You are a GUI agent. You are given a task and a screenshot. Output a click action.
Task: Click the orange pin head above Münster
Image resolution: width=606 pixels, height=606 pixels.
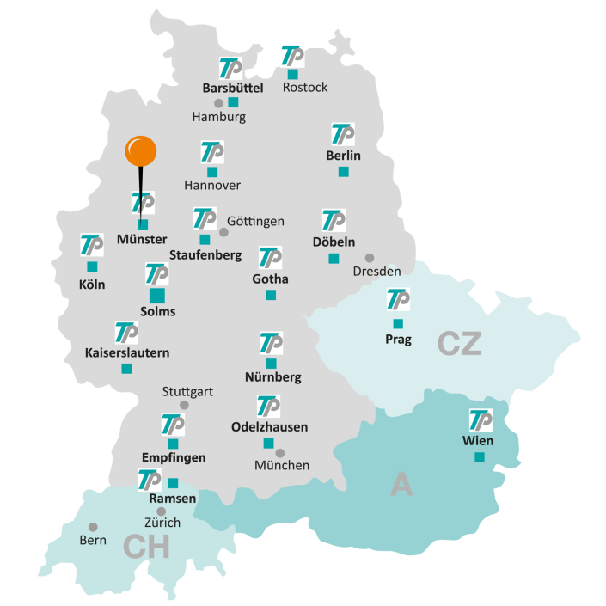[140, 151]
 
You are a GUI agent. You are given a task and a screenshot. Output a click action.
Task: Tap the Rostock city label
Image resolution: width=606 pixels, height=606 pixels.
[305, 88]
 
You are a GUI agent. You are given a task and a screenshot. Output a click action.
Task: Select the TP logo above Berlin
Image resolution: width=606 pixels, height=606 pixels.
[343, 135]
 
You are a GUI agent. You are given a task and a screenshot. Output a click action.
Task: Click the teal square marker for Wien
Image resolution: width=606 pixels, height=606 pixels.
[480, 457]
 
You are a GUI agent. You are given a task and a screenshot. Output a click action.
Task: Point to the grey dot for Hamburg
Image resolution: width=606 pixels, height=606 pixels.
[218, 103]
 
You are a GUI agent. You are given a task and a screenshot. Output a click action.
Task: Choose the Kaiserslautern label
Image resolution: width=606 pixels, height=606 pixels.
[127, 352]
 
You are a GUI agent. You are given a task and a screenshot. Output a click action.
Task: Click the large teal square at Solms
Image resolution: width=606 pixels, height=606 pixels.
[157, 296]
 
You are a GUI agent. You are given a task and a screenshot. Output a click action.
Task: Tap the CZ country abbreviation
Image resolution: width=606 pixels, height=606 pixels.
[459, 343]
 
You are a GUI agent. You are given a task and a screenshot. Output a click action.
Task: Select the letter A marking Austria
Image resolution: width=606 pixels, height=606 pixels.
[401, 485]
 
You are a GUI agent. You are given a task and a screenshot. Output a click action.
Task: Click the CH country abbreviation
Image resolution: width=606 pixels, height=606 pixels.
[146, 547]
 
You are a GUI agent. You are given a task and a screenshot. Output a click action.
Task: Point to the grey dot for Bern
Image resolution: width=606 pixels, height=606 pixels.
[93, 526]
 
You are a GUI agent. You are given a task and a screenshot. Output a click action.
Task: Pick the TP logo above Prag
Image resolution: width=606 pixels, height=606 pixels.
[398, 300]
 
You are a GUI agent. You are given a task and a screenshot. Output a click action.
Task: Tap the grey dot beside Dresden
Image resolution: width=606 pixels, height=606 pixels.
[370, 258]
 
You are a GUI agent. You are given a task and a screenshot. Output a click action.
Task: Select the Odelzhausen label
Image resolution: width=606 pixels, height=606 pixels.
[269, 426]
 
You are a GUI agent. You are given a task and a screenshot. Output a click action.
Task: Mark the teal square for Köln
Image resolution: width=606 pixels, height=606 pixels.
[92, 266]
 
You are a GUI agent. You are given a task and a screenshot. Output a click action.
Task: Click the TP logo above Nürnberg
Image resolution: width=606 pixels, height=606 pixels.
[271, 342]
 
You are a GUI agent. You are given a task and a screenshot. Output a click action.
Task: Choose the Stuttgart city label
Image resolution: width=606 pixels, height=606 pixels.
[187, 391]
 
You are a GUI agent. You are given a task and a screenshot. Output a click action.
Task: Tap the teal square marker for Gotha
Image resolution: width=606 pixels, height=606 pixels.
[271, 295]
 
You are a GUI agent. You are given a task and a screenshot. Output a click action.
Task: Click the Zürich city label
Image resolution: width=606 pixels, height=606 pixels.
[162, 522]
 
